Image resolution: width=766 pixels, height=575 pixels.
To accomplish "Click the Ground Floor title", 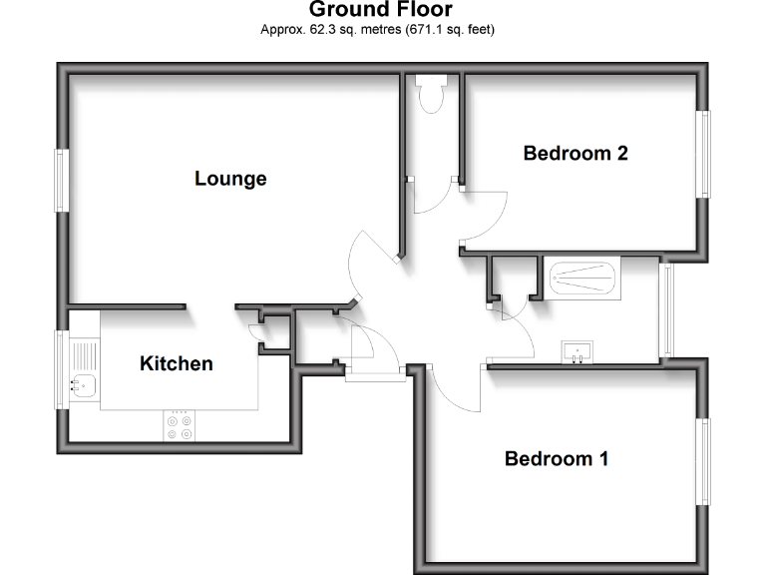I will tap(380, 10).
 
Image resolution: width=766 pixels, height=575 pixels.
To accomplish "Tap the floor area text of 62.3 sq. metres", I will tap(378, 30).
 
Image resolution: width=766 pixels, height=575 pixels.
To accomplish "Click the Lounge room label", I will tap(230, 179).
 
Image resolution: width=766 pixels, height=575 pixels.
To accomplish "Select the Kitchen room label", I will tap(176, 363).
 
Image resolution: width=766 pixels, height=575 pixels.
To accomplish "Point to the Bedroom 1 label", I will tap(557, 459).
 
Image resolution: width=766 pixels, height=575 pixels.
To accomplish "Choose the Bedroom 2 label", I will tap(575, 154).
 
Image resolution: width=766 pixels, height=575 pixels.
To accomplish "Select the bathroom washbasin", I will tap(577, 351).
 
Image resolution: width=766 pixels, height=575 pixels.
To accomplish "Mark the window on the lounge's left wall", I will tap(61, 180).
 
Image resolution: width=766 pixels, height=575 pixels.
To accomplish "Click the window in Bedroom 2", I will tap(705, 154).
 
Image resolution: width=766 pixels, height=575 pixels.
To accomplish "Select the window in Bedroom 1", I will tap(705, 462).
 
